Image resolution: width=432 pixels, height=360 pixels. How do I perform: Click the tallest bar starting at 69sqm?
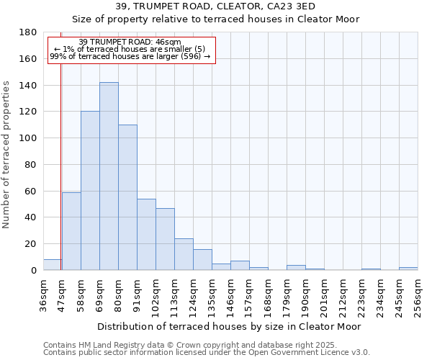[109, 176]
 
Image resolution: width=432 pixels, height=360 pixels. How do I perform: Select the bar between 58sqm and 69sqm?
[90, 191]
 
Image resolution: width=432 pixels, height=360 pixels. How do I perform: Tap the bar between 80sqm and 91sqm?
[127, 197]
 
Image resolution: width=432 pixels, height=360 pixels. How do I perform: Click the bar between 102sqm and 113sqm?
[165, 239]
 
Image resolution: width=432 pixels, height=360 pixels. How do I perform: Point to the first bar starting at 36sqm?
[52, 265]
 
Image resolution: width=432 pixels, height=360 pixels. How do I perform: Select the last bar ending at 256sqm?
[408, 269]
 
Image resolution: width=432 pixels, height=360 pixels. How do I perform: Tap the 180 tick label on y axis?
[28, 32]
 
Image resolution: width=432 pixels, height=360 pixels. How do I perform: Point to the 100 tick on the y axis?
[28, 138]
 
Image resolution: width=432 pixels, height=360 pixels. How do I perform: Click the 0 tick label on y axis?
[33, 271]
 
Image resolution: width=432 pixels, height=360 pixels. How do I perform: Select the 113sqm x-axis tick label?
[175, 295]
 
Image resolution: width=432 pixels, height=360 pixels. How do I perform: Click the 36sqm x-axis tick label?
[44, 295]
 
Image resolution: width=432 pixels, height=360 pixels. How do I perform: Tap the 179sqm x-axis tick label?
[287, 295]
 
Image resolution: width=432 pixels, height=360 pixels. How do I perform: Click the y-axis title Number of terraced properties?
[7, 154]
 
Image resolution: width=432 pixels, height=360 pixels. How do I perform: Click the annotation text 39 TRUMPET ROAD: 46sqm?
[130, 42]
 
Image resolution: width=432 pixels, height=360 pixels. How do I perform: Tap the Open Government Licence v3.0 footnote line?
[207, 353]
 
